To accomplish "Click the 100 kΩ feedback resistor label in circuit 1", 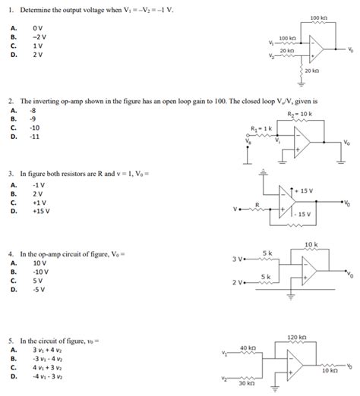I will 319,17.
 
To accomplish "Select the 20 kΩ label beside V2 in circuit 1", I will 288,50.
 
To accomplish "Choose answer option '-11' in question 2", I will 34,137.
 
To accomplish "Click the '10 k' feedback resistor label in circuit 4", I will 311,244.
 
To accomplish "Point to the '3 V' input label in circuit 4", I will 238,259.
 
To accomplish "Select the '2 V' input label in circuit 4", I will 238,282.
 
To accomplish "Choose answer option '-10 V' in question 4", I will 40,271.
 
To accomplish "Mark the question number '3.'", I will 11,173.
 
